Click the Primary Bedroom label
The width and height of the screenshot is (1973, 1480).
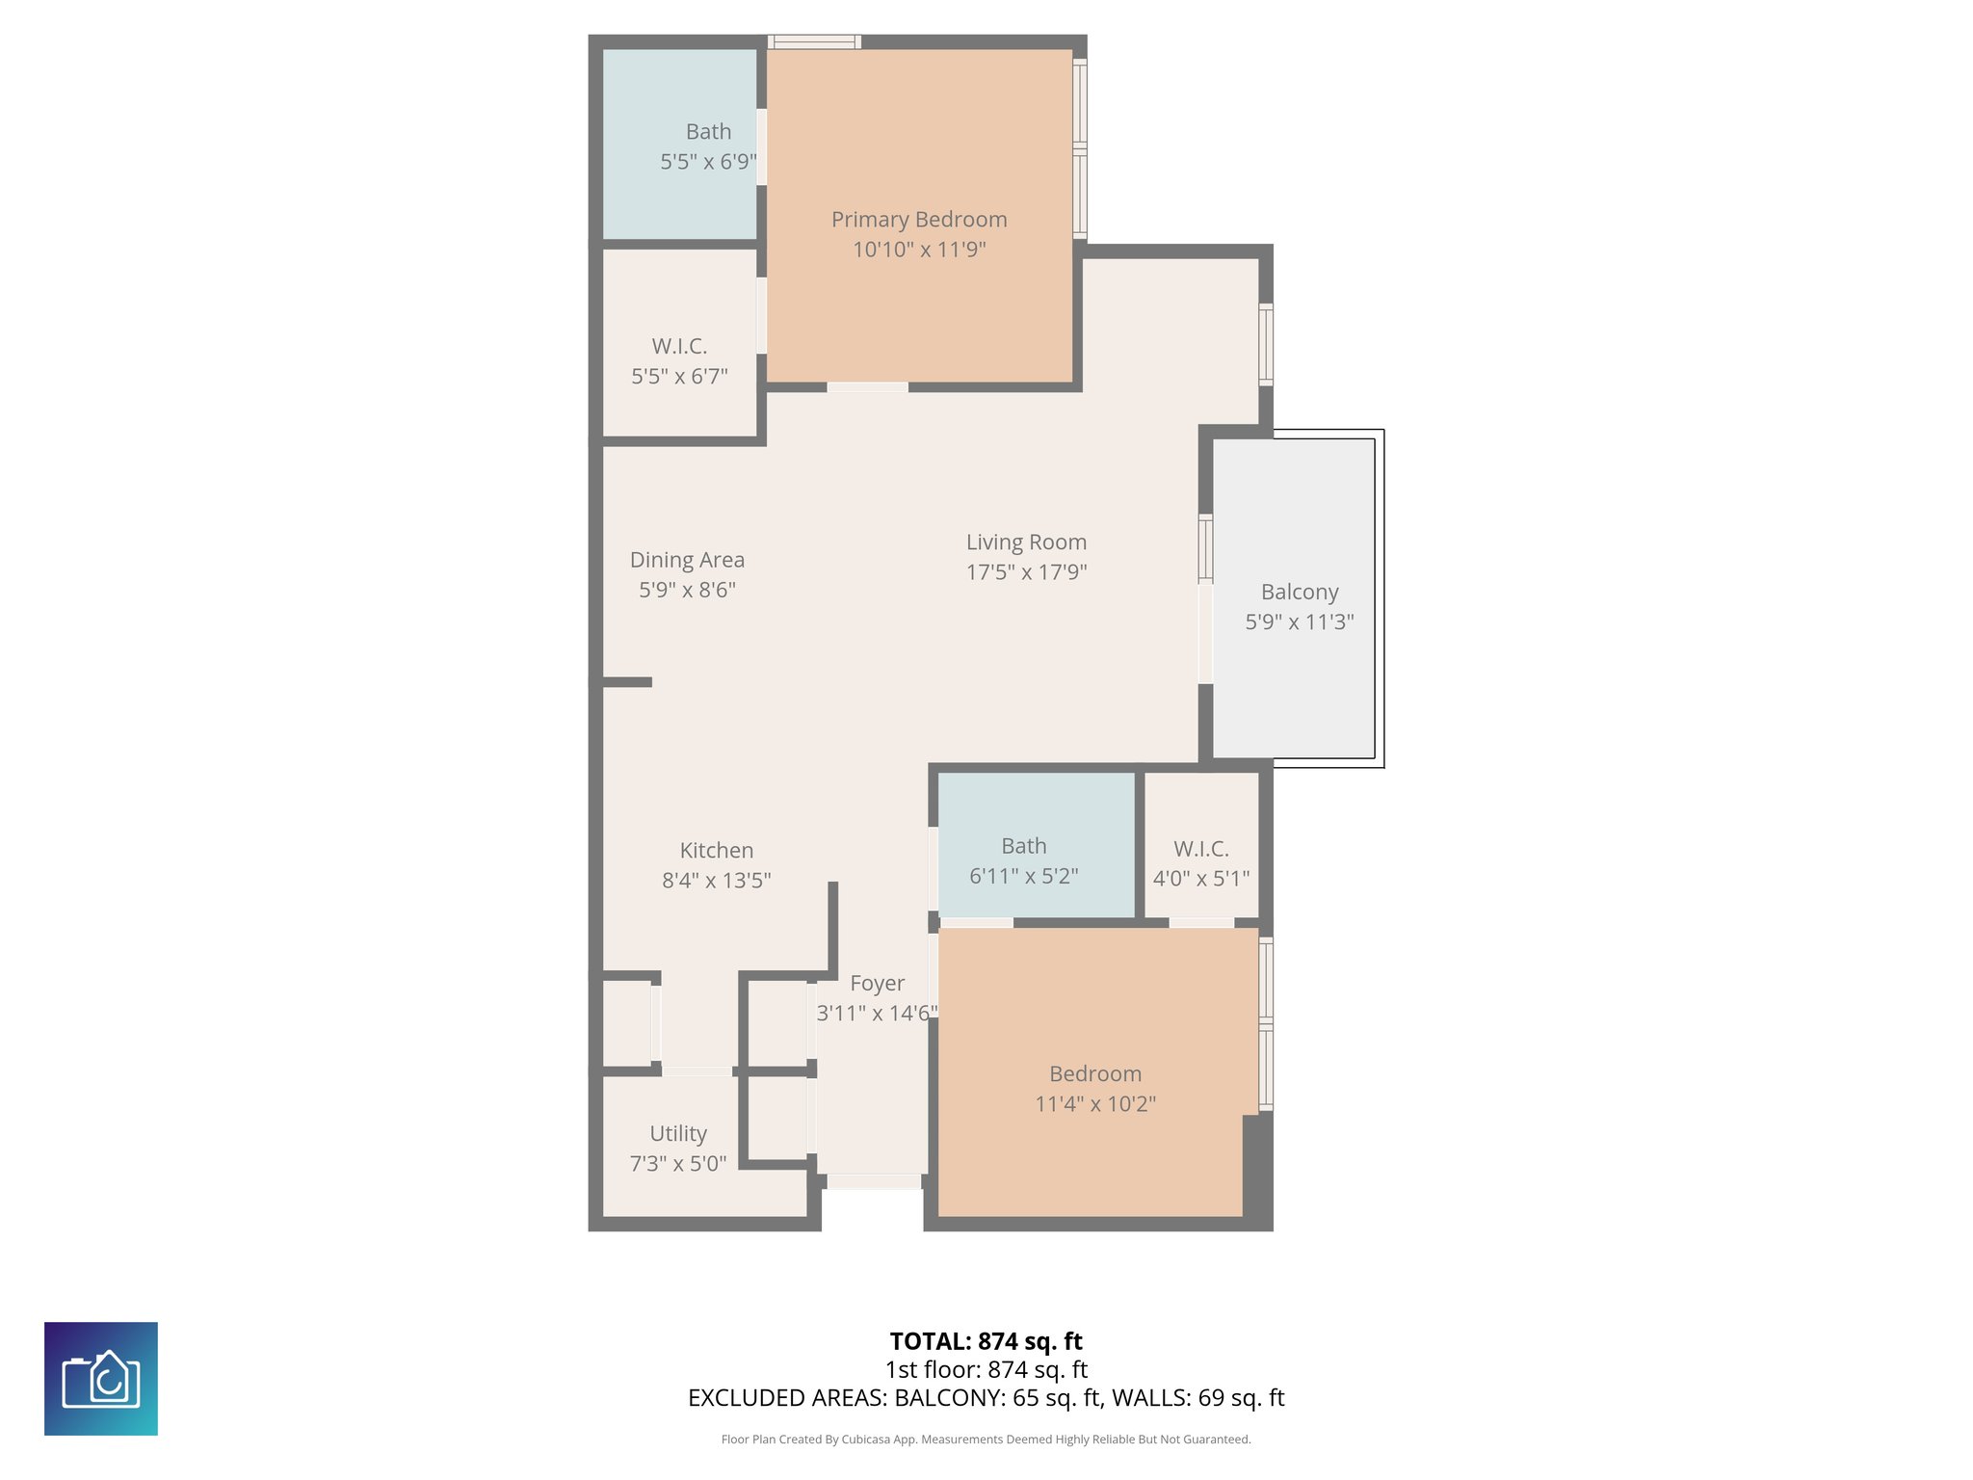(919, 220)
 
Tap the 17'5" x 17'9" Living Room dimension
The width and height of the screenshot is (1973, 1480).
(1026, 572)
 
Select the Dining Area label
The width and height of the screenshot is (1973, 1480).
(687, 560)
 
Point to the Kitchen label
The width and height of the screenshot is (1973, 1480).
(716, 850)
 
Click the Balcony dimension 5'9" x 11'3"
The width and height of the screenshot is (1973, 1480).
(1299, 622)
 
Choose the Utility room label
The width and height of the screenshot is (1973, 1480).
(677, 1133)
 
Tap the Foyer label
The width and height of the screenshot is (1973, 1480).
(877, 983)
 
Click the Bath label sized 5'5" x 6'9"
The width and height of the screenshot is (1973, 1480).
(708, 132)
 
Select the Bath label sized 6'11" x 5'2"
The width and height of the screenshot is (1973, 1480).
(1023, 846)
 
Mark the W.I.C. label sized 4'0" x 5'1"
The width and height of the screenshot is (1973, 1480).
(1200, 849)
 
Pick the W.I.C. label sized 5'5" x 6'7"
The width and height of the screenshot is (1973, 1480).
(679, 346)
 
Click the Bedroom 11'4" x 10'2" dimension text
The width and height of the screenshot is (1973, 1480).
(1095, 1104)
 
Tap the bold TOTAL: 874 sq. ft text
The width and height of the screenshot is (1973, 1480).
(986, 1341)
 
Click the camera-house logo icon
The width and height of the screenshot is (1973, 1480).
(101, 1378)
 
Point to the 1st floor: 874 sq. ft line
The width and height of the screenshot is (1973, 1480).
(986, 1369)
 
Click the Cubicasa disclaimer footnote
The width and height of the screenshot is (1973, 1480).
(986, 1440)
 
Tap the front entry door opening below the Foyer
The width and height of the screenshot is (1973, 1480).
(874, 1181)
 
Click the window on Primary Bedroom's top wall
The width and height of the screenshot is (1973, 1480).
(814, 41)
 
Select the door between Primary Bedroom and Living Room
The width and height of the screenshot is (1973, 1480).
(867, 387)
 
